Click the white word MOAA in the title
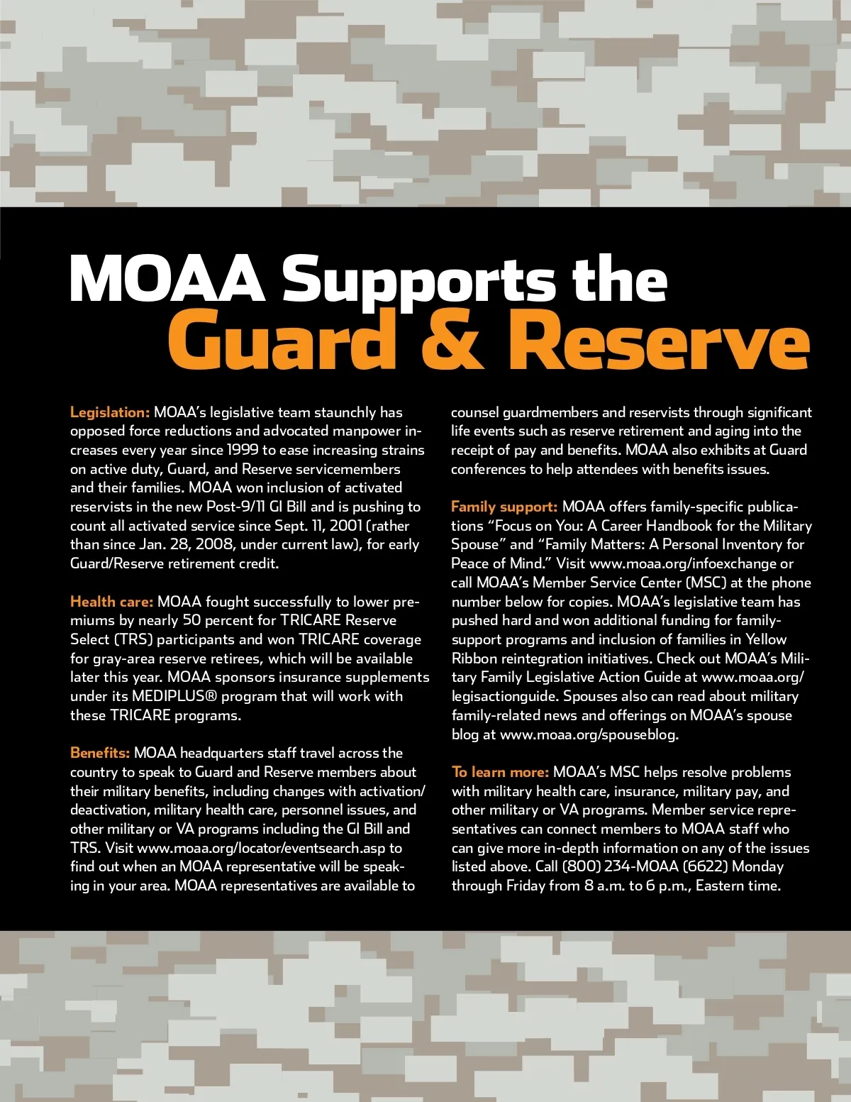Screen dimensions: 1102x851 point(167,279)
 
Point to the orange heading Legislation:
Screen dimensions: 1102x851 point(110,412)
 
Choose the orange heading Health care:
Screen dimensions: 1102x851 point(111,602)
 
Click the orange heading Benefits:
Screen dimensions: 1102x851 point(100,753)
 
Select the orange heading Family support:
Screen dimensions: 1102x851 point(504,507)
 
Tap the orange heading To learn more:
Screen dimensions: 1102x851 point(500,772)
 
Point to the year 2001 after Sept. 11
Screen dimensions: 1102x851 point(345,526)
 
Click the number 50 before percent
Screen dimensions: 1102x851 point(191,620)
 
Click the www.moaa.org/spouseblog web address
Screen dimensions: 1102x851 point(589,734)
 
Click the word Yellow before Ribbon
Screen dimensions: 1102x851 point(767,639)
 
